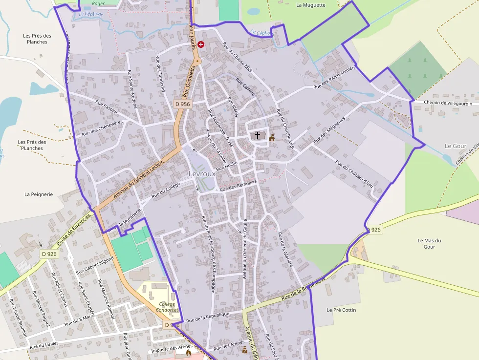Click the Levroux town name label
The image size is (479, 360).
point(202,174)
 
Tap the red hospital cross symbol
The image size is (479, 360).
point(201,44)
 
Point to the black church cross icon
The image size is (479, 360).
point(258,135)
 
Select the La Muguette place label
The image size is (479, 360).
point(310,5)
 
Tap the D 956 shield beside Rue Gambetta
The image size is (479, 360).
point(182,104)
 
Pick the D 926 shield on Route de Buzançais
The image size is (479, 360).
point(49,254)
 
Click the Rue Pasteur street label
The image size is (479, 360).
point(107,106)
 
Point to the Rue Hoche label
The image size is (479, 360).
point(227,165)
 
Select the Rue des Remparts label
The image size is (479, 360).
point(239,186)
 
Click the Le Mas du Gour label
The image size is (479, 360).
point(430,244)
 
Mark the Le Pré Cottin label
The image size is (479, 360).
point(341,310)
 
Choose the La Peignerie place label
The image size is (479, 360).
point(39,194)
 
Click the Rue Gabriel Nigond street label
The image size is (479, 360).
point(95,265)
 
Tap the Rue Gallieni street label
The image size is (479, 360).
point(245,88)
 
